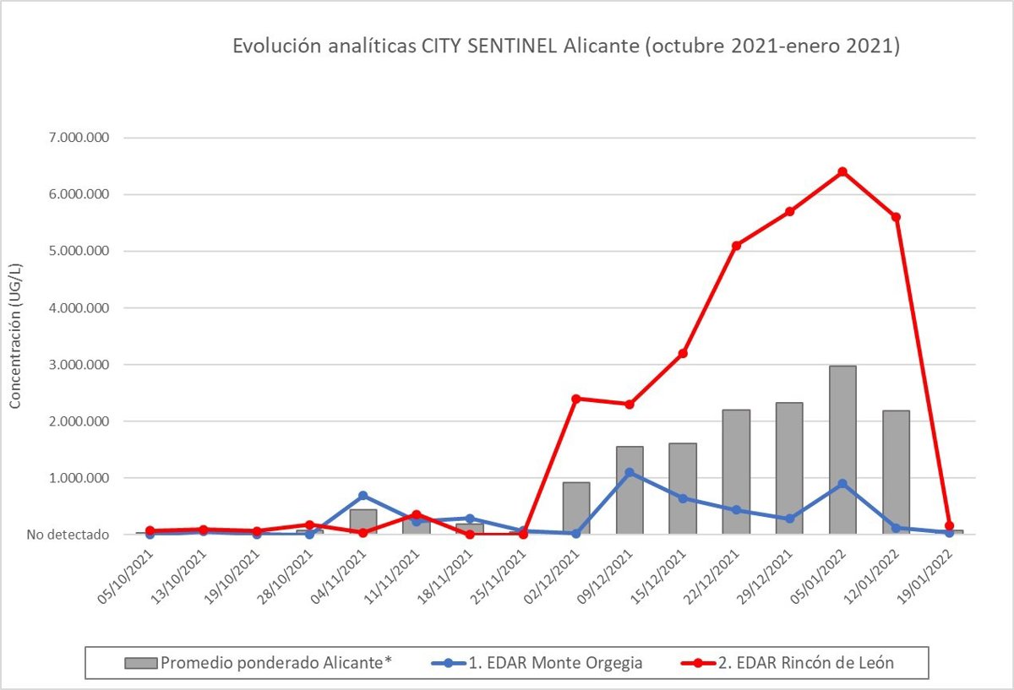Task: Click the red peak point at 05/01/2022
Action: pos(842,171)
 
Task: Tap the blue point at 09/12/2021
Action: pos(630,472)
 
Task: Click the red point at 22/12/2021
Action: pos(736,245)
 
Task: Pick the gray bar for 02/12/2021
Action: pos(576,508)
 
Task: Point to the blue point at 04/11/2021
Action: pos(363,496)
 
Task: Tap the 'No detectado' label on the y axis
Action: pos(68,535)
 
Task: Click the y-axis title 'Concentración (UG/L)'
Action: pos(15,337)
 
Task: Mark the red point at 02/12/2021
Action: pos(576,398)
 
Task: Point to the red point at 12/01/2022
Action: pos(896,217)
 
